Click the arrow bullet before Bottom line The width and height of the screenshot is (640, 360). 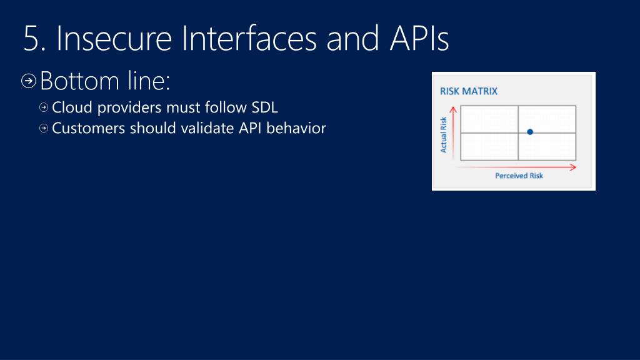coord(29,81)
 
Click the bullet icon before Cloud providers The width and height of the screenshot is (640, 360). coord(44,107)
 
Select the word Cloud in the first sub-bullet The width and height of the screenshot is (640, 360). coord(71,107)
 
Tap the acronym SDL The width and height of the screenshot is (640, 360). coord(264,107)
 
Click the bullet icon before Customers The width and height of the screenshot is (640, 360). coord(44,129)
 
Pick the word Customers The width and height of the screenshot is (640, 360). coord(88,129)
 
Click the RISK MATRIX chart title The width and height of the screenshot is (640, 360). coord(469,91)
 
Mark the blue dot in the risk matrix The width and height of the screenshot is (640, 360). coord(530,132)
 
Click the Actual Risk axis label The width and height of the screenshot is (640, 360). coord(444,134)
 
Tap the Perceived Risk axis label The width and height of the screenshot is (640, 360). coord(519,176)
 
